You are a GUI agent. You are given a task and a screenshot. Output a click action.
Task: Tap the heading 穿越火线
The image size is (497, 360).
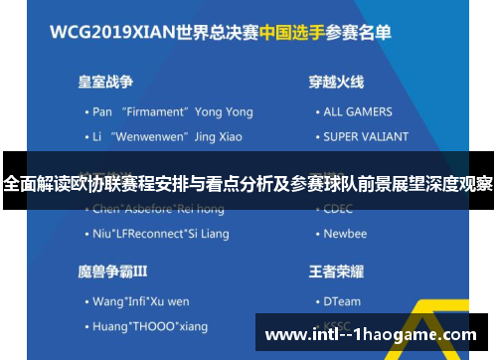[336, 82]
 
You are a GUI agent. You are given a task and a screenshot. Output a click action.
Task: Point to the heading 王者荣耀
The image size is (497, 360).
[336, 270]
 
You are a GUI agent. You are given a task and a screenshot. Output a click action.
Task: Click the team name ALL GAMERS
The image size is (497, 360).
[358, 112]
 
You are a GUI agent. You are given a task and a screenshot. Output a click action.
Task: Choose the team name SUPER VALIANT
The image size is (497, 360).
[366, 136]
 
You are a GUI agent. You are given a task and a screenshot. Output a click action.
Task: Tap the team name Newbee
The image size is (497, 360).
[345, 234]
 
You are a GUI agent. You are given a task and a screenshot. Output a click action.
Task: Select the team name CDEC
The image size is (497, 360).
[339, 210]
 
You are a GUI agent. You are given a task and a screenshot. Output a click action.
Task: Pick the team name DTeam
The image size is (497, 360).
[343, 300]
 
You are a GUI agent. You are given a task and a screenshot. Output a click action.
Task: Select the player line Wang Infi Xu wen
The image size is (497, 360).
[142, 300]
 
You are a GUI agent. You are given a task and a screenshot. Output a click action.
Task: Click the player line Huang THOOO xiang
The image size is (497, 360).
[149, 325]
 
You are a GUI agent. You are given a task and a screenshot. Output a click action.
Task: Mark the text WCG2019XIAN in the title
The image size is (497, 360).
[113, 32]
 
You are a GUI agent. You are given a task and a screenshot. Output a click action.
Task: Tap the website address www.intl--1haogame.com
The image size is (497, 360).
[371, 334]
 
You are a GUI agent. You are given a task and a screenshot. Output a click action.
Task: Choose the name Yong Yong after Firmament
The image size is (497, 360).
[224, 112]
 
